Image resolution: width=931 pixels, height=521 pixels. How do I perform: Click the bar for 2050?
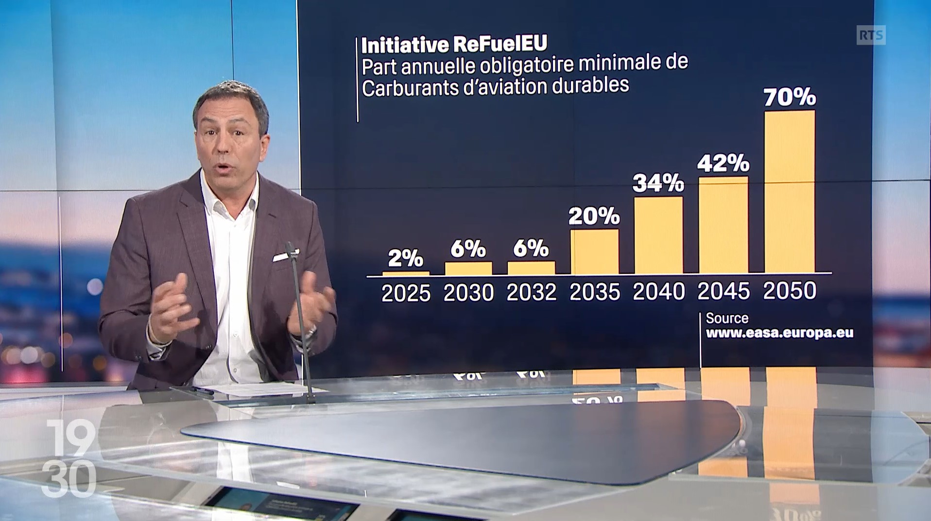(790, 192)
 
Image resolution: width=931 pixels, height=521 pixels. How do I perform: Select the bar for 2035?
(594, 252)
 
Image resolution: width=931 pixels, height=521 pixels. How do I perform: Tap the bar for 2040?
(658, 235)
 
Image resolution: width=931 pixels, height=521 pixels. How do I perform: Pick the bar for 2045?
(724, 225)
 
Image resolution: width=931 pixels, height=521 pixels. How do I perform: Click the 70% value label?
(790, 97)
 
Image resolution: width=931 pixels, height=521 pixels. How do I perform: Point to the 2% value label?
(406, 258)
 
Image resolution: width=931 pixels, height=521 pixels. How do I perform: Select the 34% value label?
(658, 183)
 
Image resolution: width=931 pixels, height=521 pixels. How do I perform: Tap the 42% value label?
(723, 163)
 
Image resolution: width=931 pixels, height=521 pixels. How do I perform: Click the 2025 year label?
(406, 294)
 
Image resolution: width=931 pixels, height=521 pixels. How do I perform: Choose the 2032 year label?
(531, 292)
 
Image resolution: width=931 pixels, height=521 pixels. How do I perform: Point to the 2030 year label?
(468, 293)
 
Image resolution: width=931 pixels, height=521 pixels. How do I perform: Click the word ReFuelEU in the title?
(500, 44)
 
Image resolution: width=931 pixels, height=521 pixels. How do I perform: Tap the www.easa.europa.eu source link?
(779, 333)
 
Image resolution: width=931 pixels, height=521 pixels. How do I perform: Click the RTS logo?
(871, 35)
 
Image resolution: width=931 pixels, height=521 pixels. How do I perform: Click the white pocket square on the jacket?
(286, 255)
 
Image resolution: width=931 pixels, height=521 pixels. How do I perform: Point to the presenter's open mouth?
(225, 169)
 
